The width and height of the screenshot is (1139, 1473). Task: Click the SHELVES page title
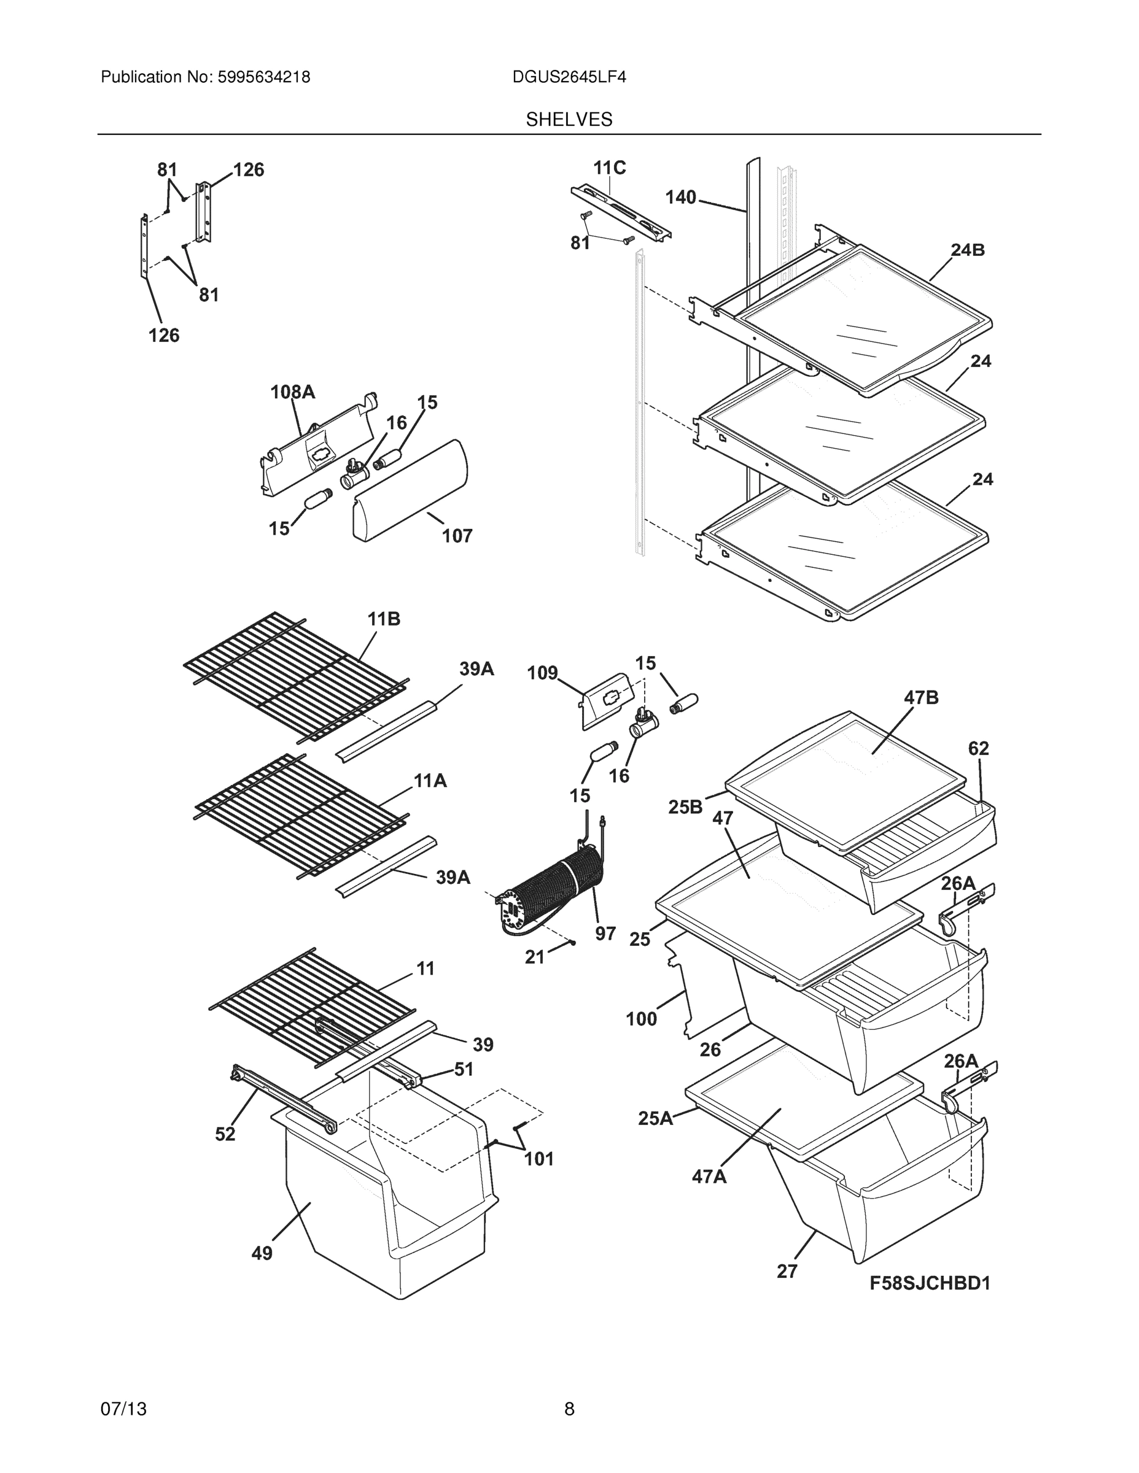[x=569, y=120]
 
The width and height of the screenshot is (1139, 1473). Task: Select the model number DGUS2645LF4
[x=569, y=77]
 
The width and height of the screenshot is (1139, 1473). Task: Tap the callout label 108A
[x=292, y=392]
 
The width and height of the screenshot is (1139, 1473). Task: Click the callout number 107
[x=457, y=536]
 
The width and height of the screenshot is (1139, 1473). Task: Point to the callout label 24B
[x=968, y=250]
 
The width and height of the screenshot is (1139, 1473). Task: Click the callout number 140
[x=680, y=197]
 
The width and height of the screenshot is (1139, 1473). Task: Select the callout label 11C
[x=609, y=168]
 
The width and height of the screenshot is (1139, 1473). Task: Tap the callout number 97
[x=605, y=934]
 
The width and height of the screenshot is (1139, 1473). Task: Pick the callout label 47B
[x=921, y=697]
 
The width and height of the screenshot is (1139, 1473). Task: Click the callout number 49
[x=262, y=1253]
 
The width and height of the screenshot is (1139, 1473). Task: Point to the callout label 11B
[x=383, y=619]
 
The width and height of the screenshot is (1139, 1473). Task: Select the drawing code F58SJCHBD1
[x=929, y=1283]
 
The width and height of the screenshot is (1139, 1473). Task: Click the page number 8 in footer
[x=569, y=1409]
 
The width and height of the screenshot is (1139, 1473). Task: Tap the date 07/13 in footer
[x=123, y=1409]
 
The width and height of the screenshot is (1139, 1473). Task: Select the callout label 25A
[x=655, y=1118]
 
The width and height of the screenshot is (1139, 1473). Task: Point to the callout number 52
[x=225, y=1134]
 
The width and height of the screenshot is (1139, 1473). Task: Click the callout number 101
[x=539, y=1159]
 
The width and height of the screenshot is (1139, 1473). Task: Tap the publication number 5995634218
[x=263, y=77]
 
